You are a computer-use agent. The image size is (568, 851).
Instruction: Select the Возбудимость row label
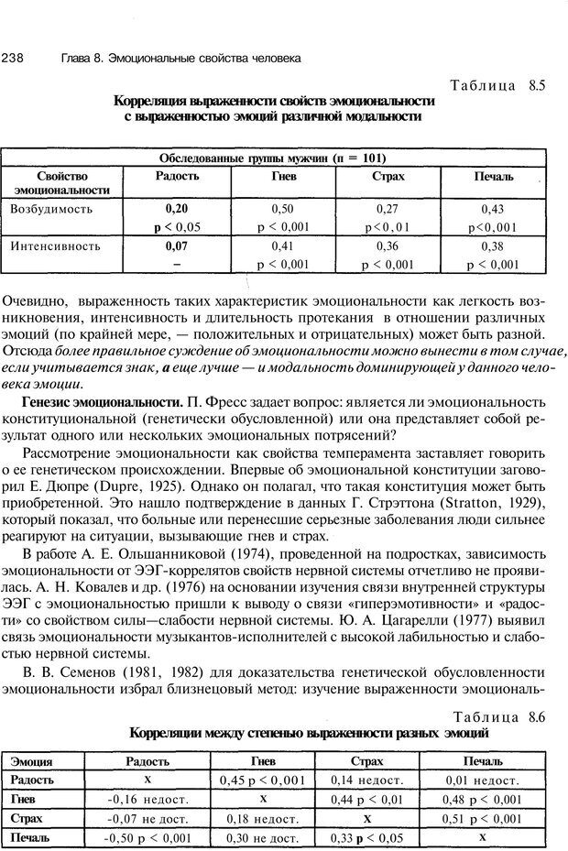tap(51, 209)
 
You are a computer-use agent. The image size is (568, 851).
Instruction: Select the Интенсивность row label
tap(53, 246)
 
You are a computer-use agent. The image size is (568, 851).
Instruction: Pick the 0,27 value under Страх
tap(388, 209)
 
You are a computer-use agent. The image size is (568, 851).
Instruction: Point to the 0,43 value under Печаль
tap(493, 209)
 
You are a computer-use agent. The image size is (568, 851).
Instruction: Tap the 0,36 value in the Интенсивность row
tap(388, 246)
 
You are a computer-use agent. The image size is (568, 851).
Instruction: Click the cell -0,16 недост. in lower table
tap(147, 798)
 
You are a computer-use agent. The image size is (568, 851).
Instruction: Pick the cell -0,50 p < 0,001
tap(147, 837)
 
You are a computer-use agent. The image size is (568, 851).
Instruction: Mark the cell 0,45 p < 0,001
tap(263, 780)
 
